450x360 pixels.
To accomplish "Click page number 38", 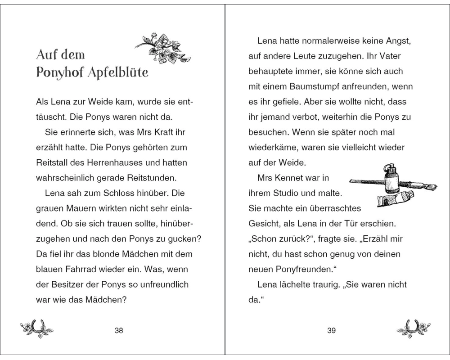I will [119, 331].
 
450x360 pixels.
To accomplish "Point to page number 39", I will [331, 331].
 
